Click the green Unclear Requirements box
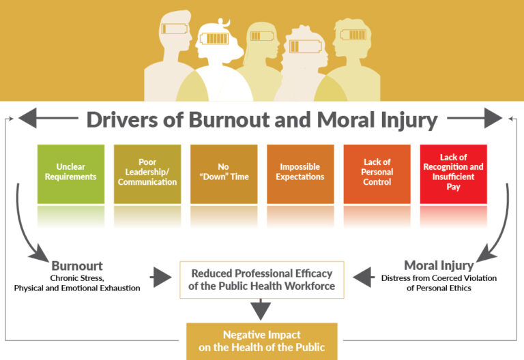coord(71,174)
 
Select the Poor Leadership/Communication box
coord(147,174)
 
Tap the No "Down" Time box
coord(224,174)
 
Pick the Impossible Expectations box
coord(300,174)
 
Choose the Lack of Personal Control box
coord(377,174)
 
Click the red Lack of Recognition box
coord(454,174)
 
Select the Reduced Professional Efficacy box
coord(262,280)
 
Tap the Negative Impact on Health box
coord(262,341)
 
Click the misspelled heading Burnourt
coord(77,265)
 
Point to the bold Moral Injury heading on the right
coord(439,265)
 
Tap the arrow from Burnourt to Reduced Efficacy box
coord(161,277)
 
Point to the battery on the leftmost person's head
coord(175,29)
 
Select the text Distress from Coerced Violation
coord(439,277)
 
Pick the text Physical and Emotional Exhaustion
coord(77,288)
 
